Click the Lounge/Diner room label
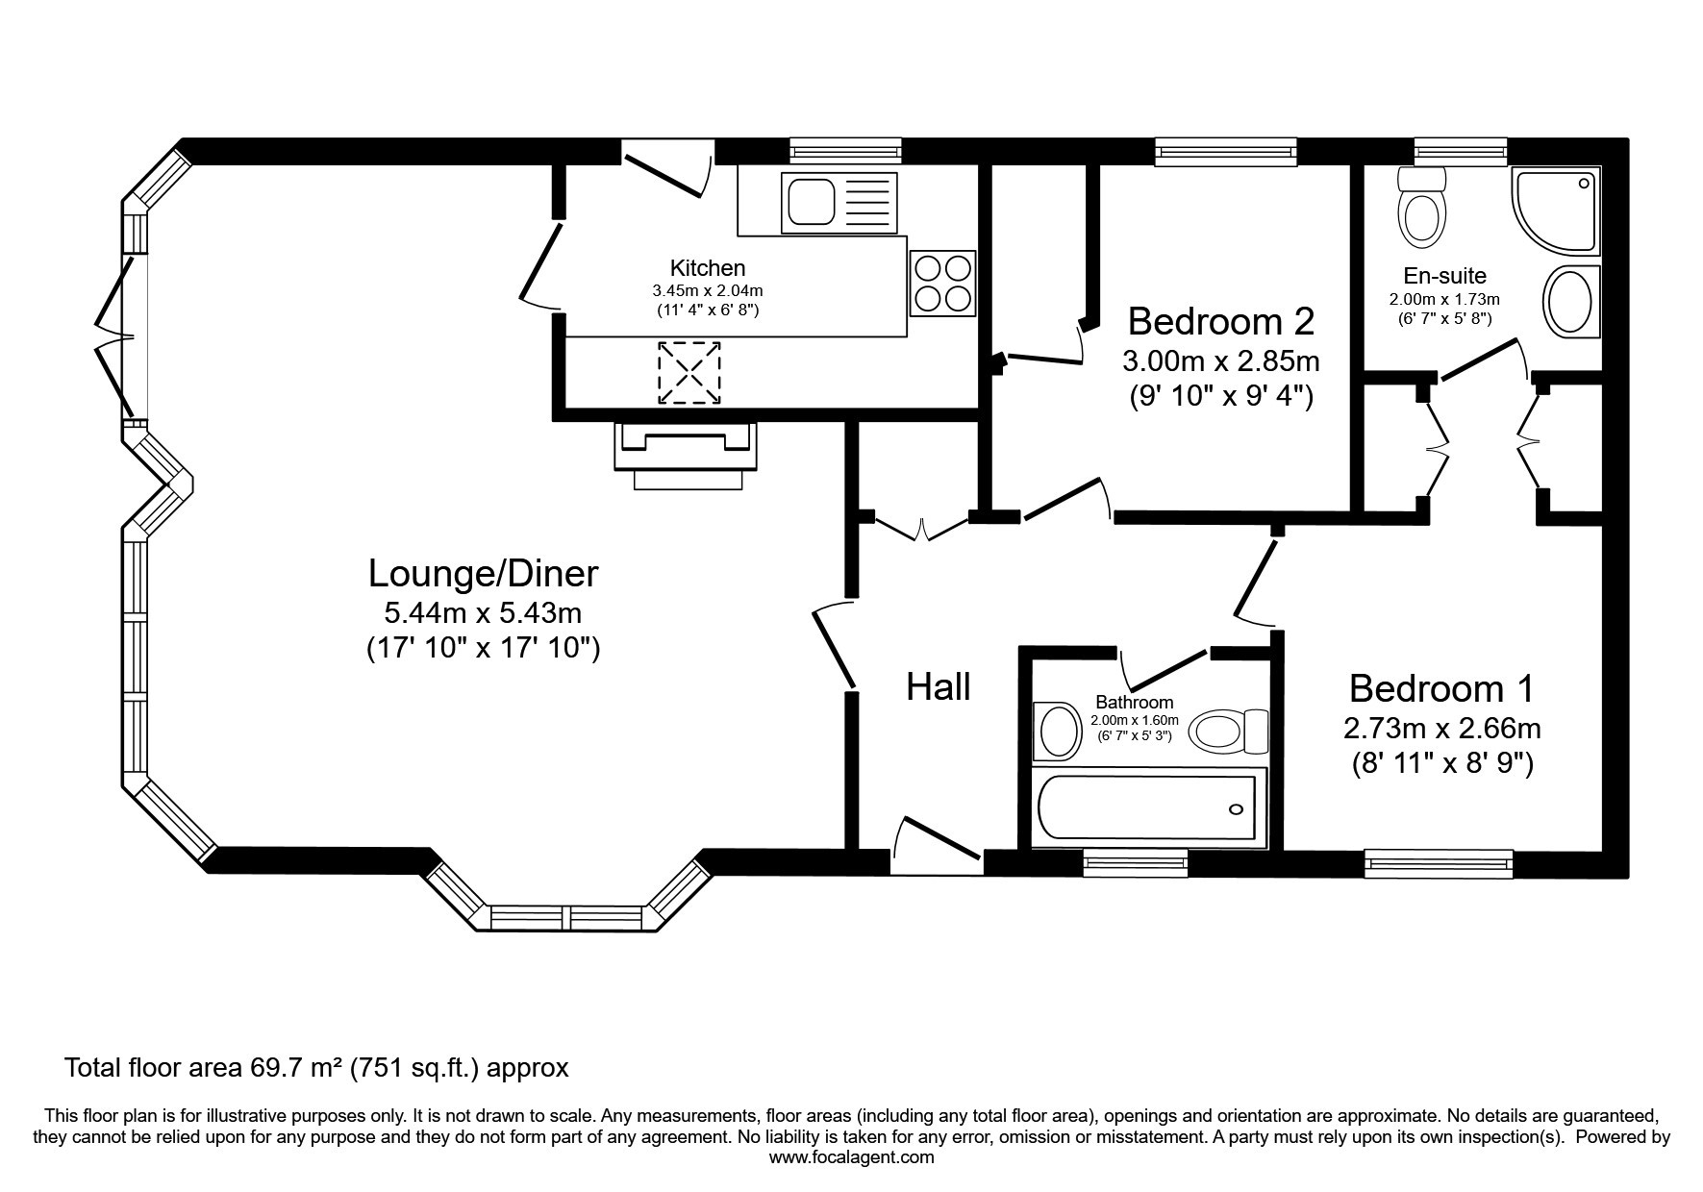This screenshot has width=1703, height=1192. (484, 573)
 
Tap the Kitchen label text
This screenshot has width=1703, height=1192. (708, 268)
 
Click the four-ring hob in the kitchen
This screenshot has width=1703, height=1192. (942, 283)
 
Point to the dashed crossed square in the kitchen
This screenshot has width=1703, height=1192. (689, 373)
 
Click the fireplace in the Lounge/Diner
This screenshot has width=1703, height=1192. (685, 456)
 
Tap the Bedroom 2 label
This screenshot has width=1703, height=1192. (1221, 320)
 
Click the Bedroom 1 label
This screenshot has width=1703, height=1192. (1441, 688)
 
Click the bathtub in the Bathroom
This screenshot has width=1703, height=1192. (1148, 808)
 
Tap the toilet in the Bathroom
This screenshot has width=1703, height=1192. (1229, 733)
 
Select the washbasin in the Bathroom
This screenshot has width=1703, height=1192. (1057, 731)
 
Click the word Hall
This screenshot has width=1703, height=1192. (939, 686)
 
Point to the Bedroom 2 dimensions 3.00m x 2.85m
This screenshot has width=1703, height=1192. (1221, 361)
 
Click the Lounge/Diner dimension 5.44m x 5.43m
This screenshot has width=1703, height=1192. (483, 612)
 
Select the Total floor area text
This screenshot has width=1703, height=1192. (316, 1067)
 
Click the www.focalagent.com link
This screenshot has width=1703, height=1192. (851, 1157)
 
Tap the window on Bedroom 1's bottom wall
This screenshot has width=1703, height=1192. (1439, 863)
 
